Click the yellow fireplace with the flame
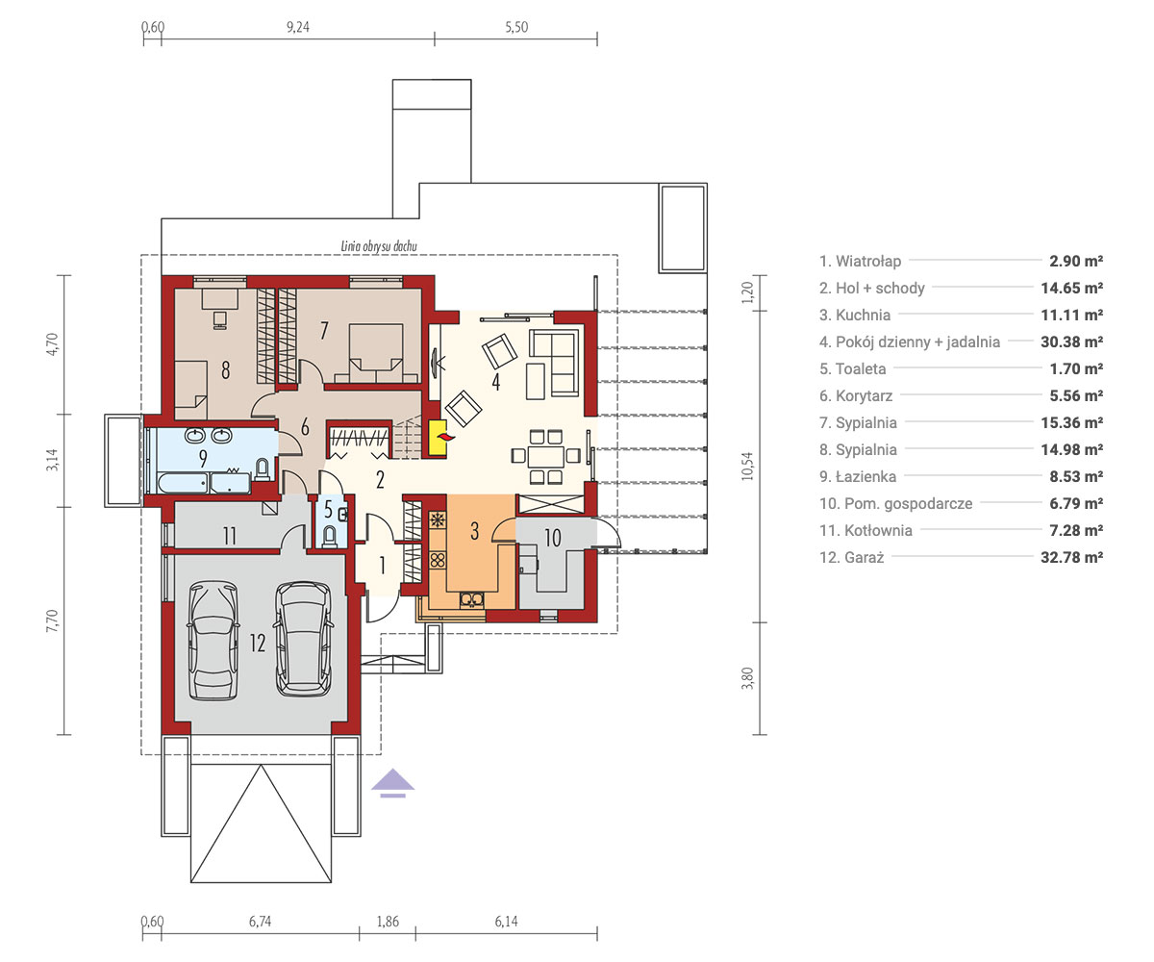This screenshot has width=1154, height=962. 438,438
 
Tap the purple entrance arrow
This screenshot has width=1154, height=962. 392,783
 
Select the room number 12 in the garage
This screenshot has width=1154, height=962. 258,643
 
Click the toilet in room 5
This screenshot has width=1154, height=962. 330,537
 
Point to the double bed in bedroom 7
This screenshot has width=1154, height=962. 376,353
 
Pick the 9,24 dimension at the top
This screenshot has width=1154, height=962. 298,27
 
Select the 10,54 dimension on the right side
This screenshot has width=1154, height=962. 747,466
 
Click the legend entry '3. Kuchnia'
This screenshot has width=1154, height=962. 855,316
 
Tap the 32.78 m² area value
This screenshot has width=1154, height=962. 1071,557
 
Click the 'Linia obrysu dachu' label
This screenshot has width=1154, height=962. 379,246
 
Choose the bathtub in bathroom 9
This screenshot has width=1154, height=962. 183,483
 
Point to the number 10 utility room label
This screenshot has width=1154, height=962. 553,538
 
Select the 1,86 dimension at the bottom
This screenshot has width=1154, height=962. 388,922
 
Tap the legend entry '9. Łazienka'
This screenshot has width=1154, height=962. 858,476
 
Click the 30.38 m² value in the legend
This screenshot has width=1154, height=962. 1071,342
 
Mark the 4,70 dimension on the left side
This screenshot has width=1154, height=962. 52,344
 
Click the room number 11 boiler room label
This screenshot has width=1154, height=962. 230,536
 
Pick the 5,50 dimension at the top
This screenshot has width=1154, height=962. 516,27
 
